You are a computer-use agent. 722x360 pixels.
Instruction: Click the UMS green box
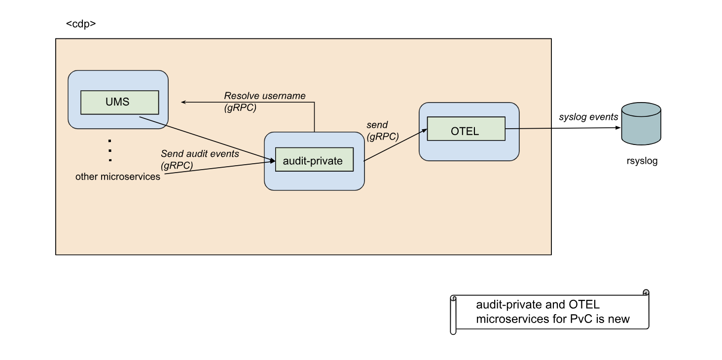pyautogui.click(x=119, y=102)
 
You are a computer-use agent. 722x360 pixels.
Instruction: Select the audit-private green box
pyautogui.click(x=314, y=160)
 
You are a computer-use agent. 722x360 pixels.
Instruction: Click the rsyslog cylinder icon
pyautogui.click(x=641, y=124)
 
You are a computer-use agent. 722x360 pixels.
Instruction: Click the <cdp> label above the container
pyautogui.click(x=80, y=24)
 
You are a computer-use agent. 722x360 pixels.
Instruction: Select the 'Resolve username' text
pyautogui.click(x=265, y=96)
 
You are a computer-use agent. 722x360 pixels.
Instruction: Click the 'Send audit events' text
pyautogui.click(x=200, y=154)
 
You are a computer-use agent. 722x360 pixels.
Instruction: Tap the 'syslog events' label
pyautogui.click(x=588, y=117)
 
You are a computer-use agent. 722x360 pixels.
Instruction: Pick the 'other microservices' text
pyautogui.click(x=118, y=177)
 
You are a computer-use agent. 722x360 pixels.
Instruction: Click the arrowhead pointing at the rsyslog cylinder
pyautogui.click(x=618, y=128)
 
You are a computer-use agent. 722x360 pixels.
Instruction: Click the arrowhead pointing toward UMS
pyautogui.click(x=183, y=102)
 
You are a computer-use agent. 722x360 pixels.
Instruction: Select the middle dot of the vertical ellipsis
pyautogui.click(x=110, y=150)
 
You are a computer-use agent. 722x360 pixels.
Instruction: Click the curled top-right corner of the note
pyautogui.click(x=646, y=292)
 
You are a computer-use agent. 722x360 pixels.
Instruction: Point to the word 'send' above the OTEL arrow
pyautogui.click(x=377, y=125)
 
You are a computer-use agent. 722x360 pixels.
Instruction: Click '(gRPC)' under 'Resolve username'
pyautogui.click(x=240, y=108)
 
